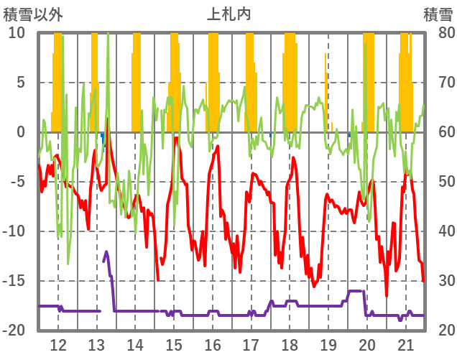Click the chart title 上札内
coord(228,14)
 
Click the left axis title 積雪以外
coord(33,14)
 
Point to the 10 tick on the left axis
coord(17,33)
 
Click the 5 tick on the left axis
coord(20,83)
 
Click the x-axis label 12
coord(58,343)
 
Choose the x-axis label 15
coord(174,343)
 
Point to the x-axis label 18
coord(290,343)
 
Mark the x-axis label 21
coord(405,343)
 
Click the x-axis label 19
coord(328,343)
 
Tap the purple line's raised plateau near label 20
coord(356,291)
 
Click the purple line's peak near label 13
coord(106,252)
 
